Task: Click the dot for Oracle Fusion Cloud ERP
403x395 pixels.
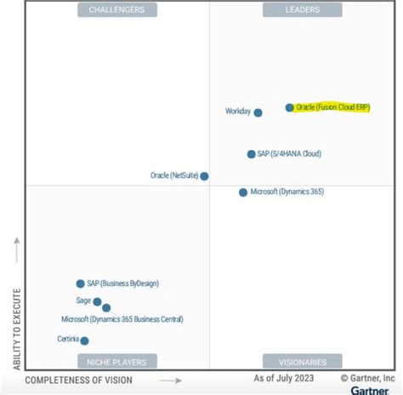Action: [x=289, y=108]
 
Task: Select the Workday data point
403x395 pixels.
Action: [x=258, y=112]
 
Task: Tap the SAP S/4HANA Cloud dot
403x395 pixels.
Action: [x=251, y=154]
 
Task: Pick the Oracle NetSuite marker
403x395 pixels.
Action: [x=204, y=176]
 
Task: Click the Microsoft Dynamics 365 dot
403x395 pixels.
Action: [x=243, y=192]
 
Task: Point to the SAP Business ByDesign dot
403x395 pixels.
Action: [x=80, y=283]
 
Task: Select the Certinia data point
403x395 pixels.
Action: [x=84, y=341]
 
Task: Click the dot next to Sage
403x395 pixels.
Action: [x=97, y=301]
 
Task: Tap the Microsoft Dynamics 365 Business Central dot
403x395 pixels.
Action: [x=106, y=308]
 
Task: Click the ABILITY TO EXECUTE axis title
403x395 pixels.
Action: [x=16, y=328]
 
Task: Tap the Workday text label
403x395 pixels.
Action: [x=237, y=112]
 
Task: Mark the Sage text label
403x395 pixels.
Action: [x=83, y=301]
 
